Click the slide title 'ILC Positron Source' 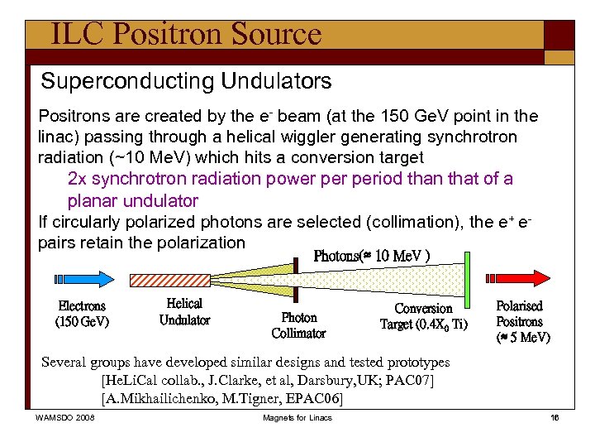185,34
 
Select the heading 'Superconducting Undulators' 186,81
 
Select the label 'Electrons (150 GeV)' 82,314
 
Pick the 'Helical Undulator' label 184,312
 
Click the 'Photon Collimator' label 298,325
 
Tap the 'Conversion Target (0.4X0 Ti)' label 423,316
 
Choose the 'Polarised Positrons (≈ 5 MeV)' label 519,321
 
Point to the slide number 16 555,417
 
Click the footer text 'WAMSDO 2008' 64,417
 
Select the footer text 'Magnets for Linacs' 297,417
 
